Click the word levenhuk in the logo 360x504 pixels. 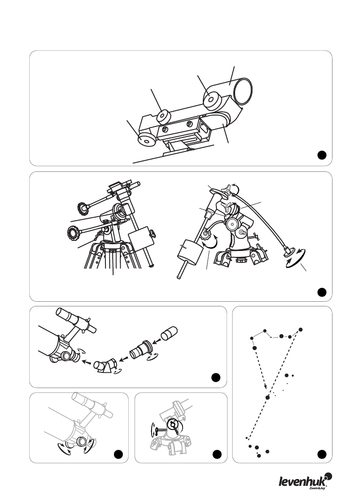pos(302,481)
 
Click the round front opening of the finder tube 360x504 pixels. pos(243,91)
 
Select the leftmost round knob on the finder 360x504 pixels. pos(147,139)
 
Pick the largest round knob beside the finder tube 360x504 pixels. pos(213,99)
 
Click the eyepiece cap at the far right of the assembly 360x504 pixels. pos(169,333)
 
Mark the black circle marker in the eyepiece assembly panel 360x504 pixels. pos(216,377)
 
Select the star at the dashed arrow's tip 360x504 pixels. pos(268,398)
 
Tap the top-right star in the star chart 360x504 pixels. pos(301,330)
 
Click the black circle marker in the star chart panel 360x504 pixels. pos(322,454)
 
